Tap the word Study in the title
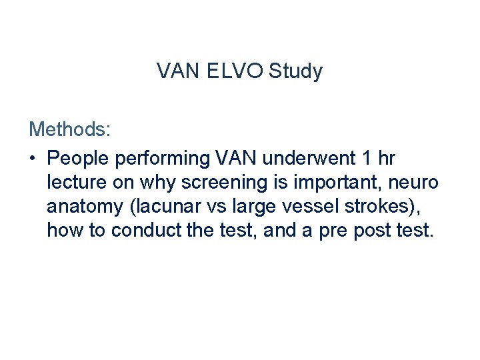[295, 71]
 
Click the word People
[79, 159]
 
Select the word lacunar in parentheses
[167, 207]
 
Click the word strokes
[380, 207]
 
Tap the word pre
[340, 232]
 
